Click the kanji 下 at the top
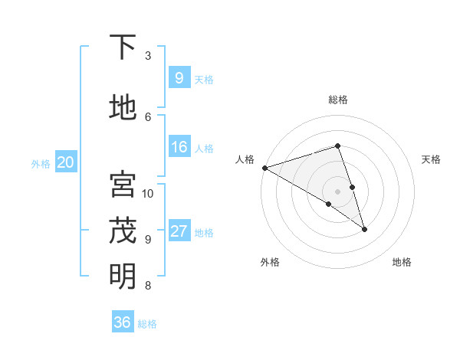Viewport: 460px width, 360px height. pyautogui.click(x=123, y=47)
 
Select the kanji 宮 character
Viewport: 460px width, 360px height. pyautogui.click(x=123, y=185)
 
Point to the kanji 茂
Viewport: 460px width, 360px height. pyautogui.click(x=123, y=230)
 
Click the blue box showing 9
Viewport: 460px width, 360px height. pyautogui.click(x=179, y=77)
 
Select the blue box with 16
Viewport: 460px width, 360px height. pyautogui.click(x=179, y=148)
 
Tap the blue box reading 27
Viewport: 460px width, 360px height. pyautogui.click(x=179, y=232)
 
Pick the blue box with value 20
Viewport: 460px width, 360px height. pyautogui.click(x=66, y=162)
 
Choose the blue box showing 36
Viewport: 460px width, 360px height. pyautogui.click(x=123, y=322)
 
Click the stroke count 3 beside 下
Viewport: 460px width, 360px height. pyautogui.click(x=148, y=56)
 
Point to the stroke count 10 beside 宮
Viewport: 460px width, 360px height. pyautogui.click(x=148, y=193)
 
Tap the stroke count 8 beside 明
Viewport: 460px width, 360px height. pyautogui.click(x=148, y=286)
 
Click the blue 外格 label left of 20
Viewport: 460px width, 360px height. pyautogui.click(x=41, y=164)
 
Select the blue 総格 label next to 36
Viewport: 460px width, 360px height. pyautogui.click(x=147, y=324)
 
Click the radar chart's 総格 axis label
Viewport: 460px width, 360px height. pyautogui.click(x=337, y=100)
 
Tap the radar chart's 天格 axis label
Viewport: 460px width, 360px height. pyautogui.click(x=432, y=159)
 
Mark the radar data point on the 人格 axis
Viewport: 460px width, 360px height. pyautogui.click(x=264, y=167)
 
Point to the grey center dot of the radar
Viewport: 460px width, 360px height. pyautogui.click(x=337, y=191)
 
